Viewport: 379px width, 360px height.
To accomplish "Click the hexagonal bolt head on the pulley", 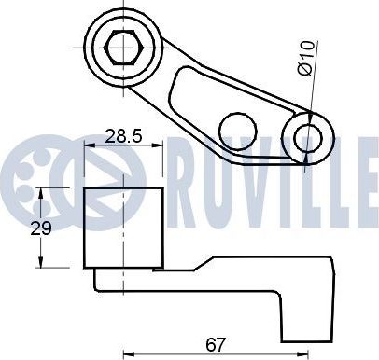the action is [x=124, y=48].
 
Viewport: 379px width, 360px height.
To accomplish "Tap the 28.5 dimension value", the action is [x=123, y=136].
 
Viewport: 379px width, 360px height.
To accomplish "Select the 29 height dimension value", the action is [x=41, y=228].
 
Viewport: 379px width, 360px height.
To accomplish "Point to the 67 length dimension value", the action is [x=216, y=344].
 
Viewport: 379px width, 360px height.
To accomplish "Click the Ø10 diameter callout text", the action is [x=307, y=59].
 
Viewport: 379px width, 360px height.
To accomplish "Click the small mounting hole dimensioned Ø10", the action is [x=308, y=138].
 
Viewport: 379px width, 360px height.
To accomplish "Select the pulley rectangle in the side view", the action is [x=123, y=228].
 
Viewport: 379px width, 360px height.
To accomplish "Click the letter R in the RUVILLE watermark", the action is [x=186, y=183].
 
